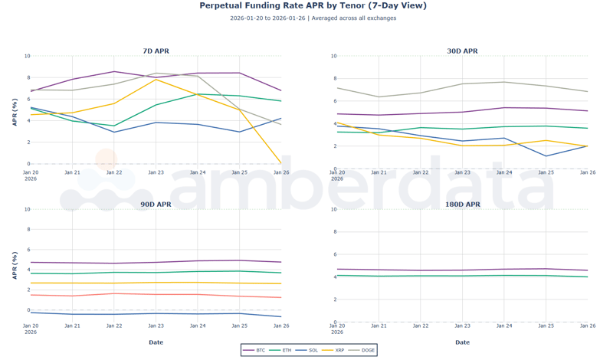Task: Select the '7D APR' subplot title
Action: [156, 51]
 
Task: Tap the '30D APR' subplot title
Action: [462, 51]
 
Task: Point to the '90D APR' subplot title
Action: [156, 205]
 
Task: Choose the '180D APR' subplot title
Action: [462, 205]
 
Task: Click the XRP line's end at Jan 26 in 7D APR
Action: [281, 163]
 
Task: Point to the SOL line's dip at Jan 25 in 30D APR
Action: [546, 156]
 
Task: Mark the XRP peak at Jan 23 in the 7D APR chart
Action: [156, 80]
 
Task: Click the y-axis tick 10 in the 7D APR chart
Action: [27, 56]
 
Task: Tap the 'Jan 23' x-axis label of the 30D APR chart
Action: [462, 173]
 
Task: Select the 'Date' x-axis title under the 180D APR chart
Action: [462, 342]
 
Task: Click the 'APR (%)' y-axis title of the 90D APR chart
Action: [15, 264]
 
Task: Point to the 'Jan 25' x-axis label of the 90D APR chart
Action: [239, 326]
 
